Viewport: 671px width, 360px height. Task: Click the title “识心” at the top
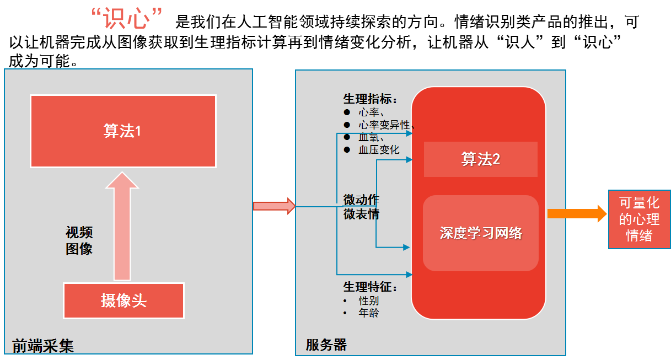pyautogui.click(x=127, y=20)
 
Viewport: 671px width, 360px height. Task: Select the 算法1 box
pyautogui.click(x=123, y=131)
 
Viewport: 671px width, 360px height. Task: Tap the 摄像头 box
pyautogui.click(x=124, y=300)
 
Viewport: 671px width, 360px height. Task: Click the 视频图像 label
pyautogui.click(x=79, y=240)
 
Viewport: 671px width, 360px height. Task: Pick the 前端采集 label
pyautogui.click(x=43, y=346)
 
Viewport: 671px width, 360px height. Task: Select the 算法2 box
pyautogui.click(x=480, y=159)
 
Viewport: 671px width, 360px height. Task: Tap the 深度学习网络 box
pyautogui.click(x=480, y=233)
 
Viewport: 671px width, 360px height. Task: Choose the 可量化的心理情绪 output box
pyautogui.click(x=639, y=219)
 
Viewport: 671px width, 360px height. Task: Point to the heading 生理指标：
pyautogui.click(x=370, y=99)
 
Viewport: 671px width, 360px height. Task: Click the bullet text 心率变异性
pyautogui.click(x=384, y=125)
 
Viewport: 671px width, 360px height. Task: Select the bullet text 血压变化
pyautogui.click(x=379, y=149)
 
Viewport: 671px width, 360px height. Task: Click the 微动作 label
pyautogui.click(x=361, y=200)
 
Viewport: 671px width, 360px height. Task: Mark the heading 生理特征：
pyautogui.click(x=370, y=287)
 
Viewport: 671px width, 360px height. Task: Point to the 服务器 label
pyautogui.click(x=326, y=345)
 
